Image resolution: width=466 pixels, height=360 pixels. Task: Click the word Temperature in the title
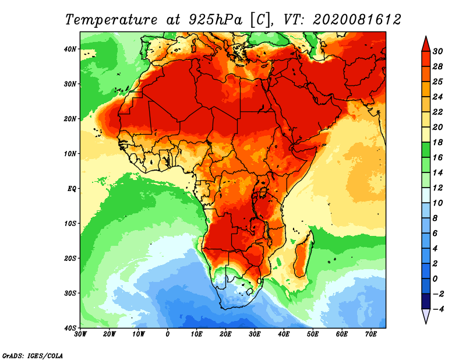tap(111, 20)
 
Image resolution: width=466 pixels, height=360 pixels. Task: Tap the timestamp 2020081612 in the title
tap(356, 20)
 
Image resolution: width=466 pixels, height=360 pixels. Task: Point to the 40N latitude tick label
tap(70, 49)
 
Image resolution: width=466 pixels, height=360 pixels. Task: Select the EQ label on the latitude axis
tap(72, 189)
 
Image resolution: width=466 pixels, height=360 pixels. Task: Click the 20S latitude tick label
tap(70, 258)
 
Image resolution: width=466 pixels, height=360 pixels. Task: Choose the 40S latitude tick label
tap(70, 328)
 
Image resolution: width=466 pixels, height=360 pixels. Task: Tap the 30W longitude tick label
tap(80, 334)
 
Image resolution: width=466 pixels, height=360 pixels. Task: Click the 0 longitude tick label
tap(168, 334)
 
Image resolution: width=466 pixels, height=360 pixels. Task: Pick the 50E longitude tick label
tap(313, 334)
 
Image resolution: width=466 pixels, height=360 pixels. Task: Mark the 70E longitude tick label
tap(371, 334)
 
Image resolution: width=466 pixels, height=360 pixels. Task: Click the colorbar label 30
tap(437, 51)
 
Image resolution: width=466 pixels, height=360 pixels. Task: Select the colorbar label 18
tap(437, 142)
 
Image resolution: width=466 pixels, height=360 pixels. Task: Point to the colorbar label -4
tap(438, 309)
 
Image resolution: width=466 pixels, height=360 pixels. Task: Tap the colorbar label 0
tap(435, 279)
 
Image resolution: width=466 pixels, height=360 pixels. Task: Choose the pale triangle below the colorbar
tap(426, 316)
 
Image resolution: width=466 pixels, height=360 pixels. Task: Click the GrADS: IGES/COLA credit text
tap(33, 356)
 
